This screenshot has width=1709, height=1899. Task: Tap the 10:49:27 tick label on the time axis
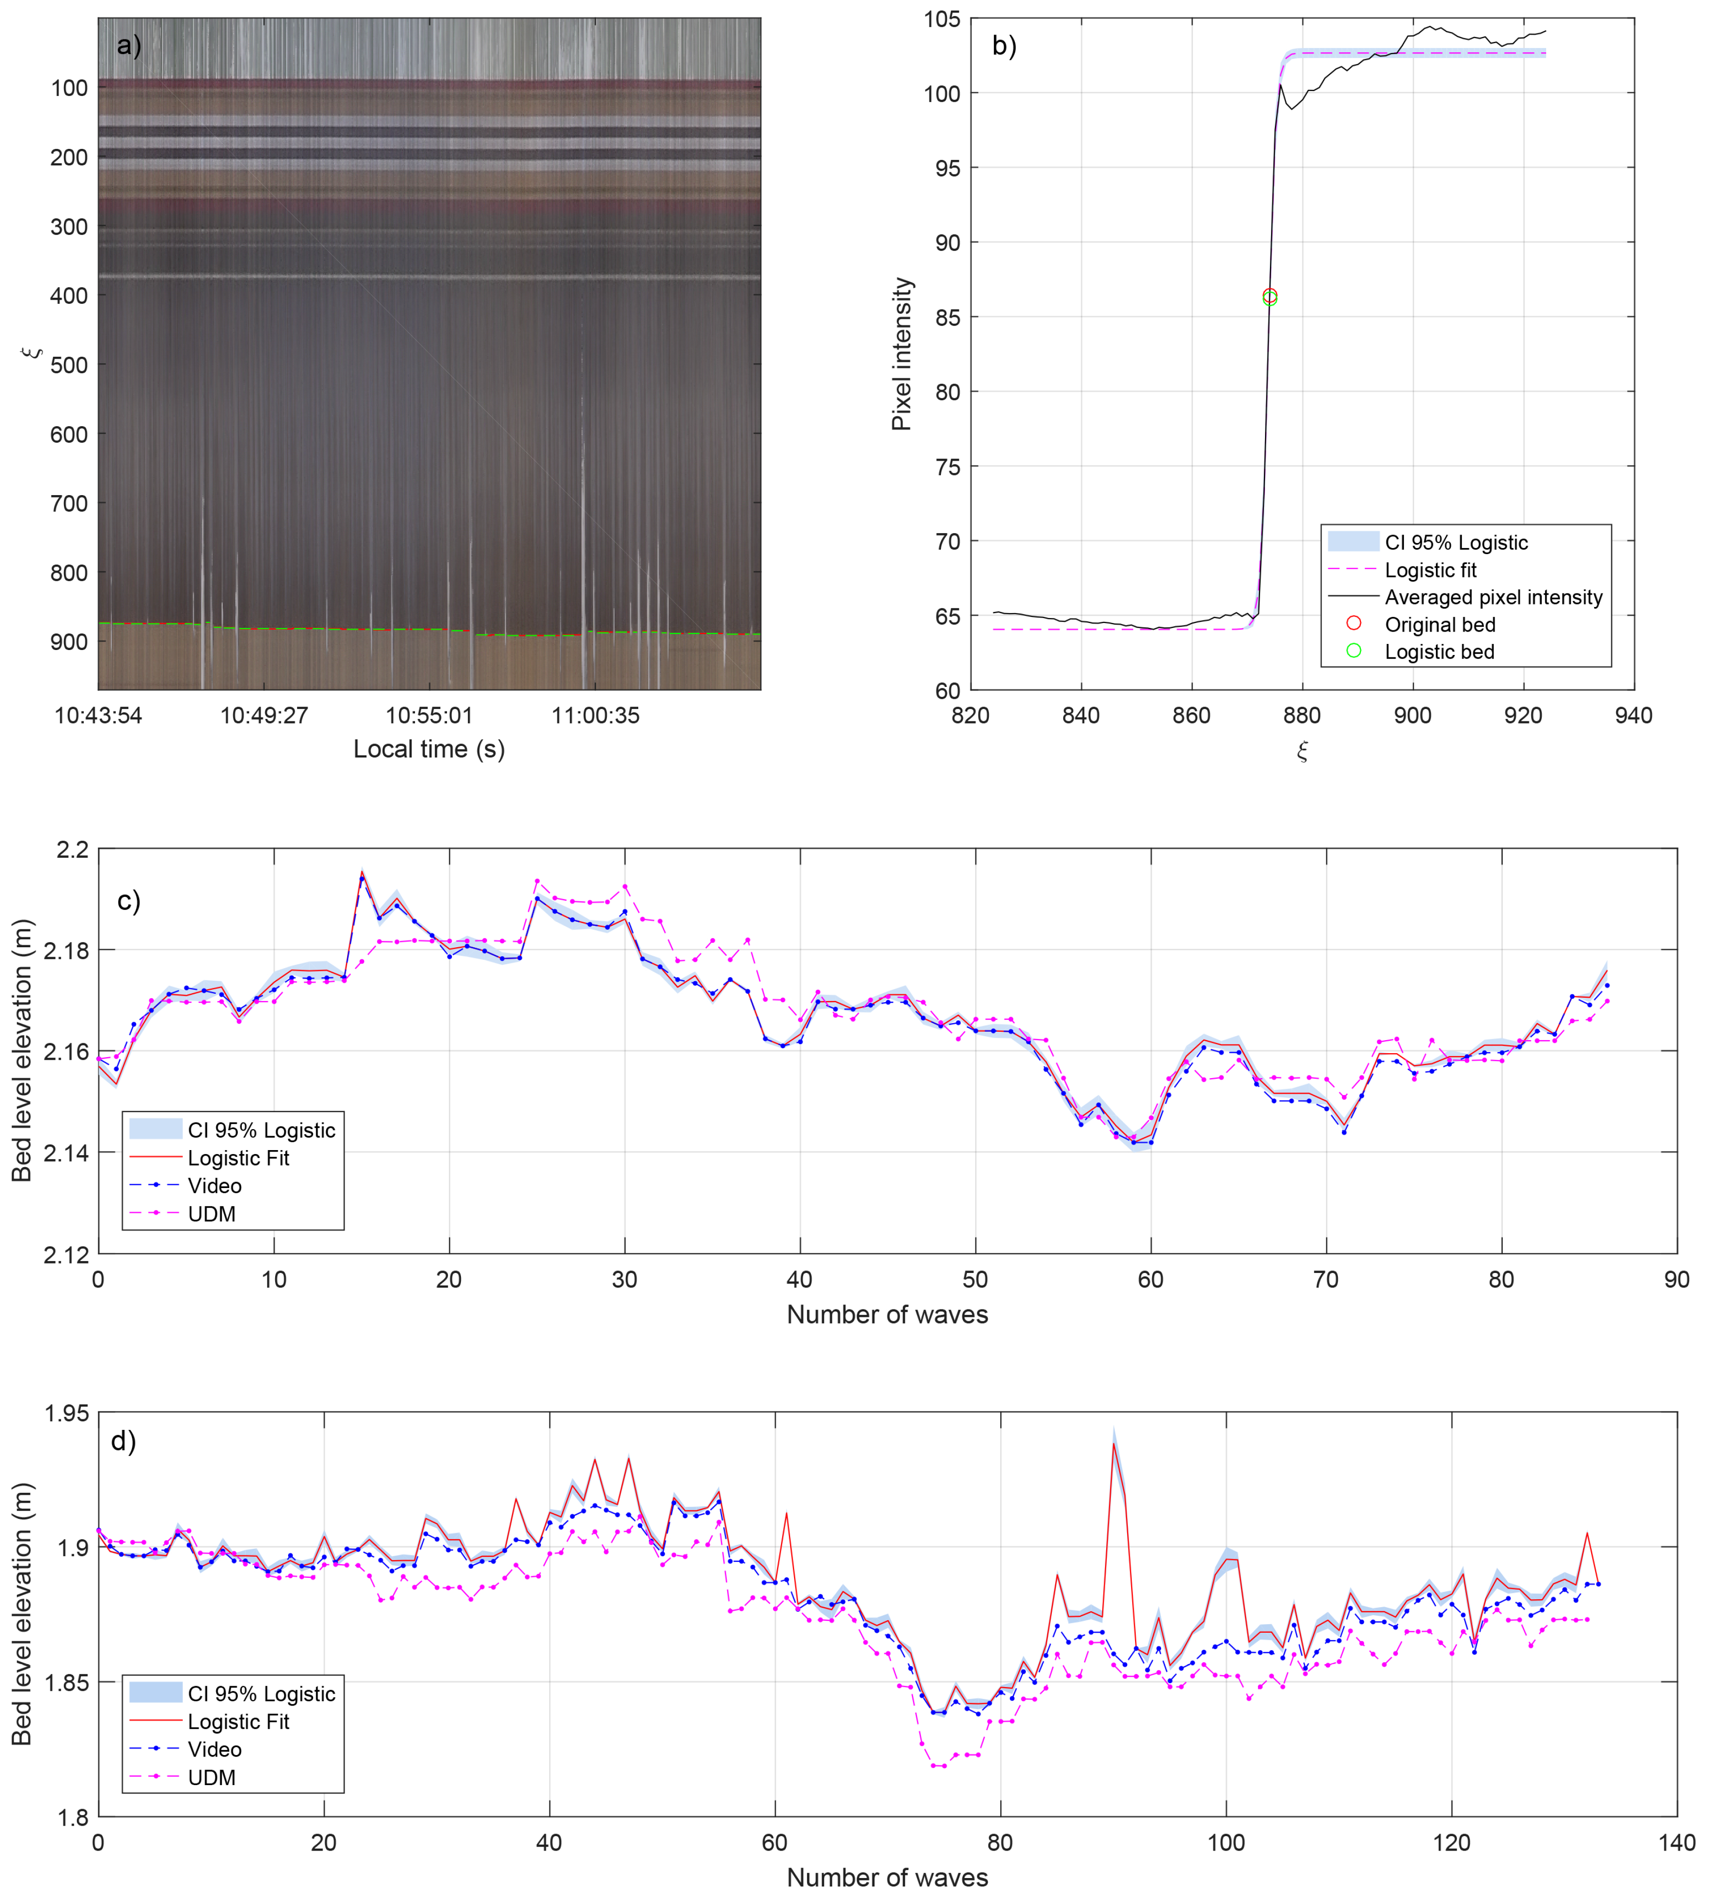264,715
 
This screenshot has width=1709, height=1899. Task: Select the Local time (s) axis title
429,749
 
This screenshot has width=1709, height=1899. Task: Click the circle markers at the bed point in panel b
1270,297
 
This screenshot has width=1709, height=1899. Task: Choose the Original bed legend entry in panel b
1438,625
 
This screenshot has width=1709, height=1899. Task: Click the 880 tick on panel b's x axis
1302,715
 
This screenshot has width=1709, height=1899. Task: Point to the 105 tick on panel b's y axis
942,19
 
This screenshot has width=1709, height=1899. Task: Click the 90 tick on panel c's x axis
1676,1280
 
